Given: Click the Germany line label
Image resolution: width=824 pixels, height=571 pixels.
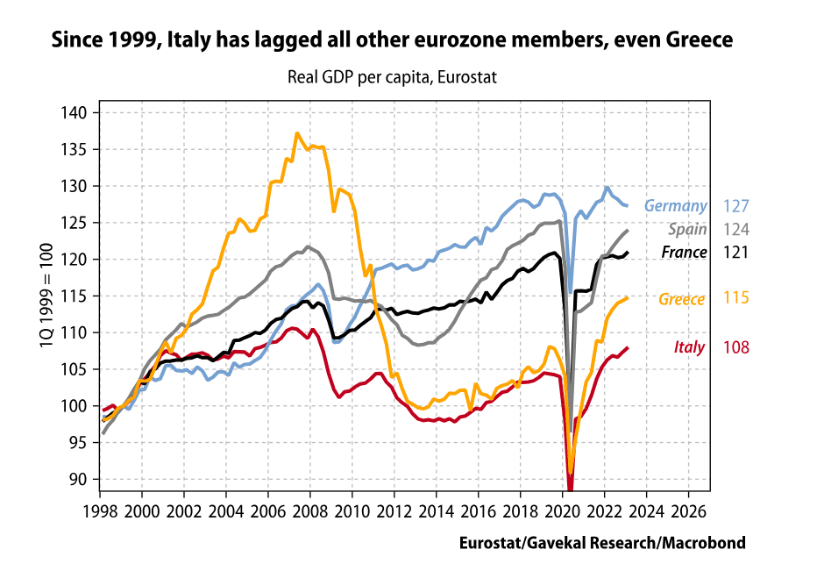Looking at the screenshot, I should point(675,206).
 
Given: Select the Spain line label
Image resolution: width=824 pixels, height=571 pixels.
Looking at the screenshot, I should point(688,230).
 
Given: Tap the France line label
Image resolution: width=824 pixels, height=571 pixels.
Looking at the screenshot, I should point(684,253).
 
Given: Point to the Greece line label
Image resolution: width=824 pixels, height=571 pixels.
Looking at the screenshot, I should point(682,299).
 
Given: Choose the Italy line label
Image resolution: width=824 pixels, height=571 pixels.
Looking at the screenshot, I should point(689,347).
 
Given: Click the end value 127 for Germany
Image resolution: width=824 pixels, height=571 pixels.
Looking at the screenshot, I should point(736,206).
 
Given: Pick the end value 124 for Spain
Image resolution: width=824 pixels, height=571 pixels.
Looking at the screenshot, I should point(736,230).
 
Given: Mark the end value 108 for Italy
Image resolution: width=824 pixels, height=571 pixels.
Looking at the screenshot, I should point(736,347).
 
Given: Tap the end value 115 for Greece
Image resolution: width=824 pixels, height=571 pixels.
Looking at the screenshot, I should point(736,299).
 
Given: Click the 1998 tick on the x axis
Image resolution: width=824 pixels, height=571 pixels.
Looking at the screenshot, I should point(100,510).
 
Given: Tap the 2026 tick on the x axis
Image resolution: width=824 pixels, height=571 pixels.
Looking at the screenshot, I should point(689,510).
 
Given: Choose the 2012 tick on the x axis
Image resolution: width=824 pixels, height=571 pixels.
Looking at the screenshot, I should point(394,510).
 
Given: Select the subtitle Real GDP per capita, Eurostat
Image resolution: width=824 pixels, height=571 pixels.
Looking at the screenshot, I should point(392,77).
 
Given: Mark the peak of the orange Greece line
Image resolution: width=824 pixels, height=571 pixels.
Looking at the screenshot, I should point(297,133).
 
